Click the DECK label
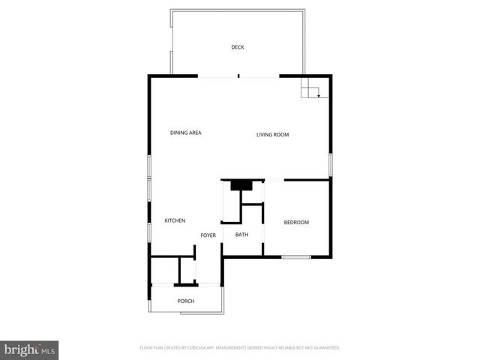(x=237, y=47)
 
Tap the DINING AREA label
(x=185, y=133)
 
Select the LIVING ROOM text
(x=272, y=135)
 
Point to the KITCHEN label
(x=175, y=220)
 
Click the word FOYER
(x=208, y=235)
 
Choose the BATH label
(x=241, y=235)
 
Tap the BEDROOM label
(x=296, y=223)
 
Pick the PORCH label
(x=186, y=301)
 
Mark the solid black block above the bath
(x=241, y=185)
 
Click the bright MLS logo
(x=29, y=350)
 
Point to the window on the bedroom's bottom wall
(x=296, y=257)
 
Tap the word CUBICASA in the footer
(x=197, y=348)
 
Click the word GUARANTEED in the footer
(x=323, y=348)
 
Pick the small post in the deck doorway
(x=238, y=75)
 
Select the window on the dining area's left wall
(x=149, y=166)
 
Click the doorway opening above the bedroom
(x=274, y=180)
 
